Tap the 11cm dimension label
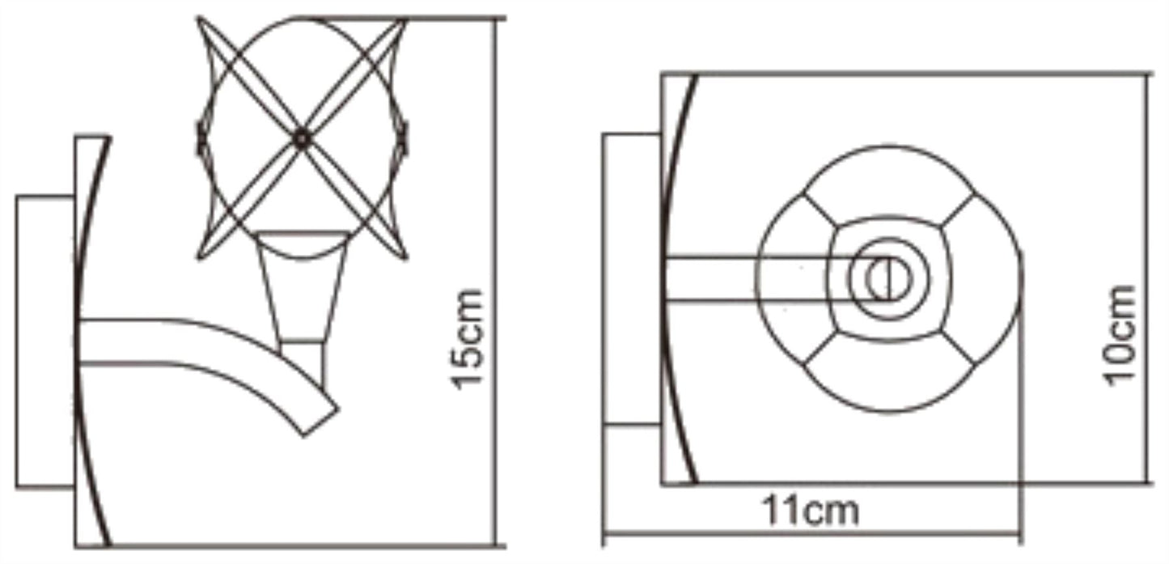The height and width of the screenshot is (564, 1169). (x=811, y=511)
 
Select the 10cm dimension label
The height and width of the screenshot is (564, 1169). (x=1120, y=336)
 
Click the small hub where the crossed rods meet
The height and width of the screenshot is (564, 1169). (x=302, y=139)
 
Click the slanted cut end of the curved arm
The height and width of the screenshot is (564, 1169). (x=320, y=422)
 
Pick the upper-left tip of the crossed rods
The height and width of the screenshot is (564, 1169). (x=198, y=18)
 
